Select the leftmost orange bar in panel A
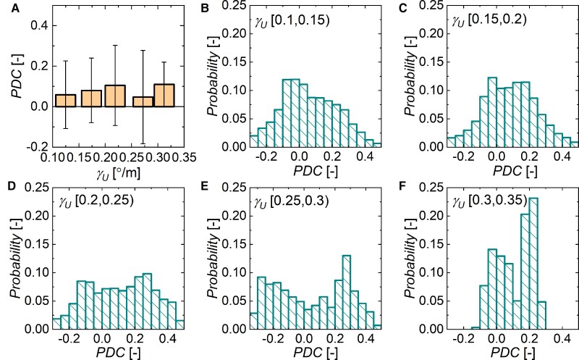[x=66, y=100]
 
